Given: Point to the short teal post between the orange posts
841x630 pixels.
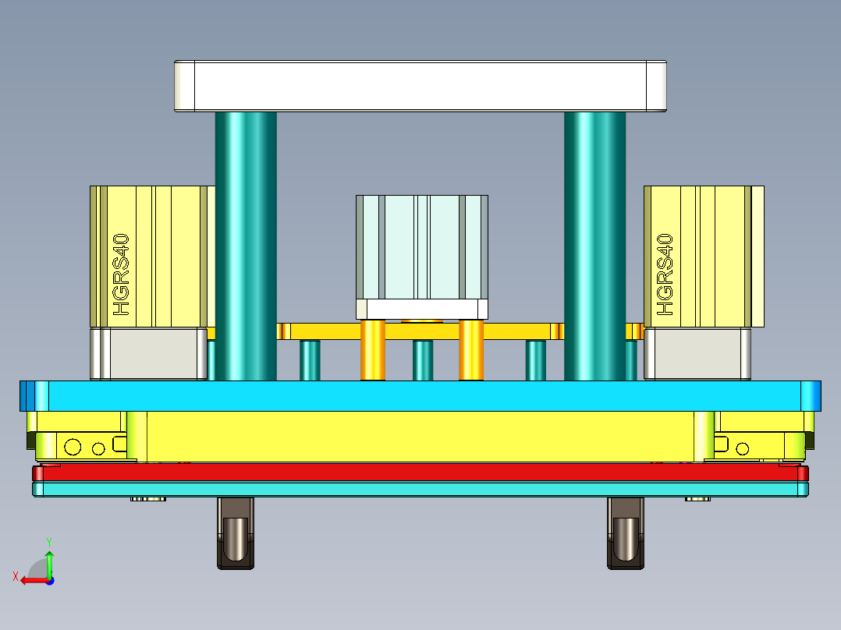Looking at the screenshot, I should coord(423,360).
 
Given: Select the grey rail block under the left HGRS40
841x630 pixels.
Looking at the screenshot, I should coord(148,354).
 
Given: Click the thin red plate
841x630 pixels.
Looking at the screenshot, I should coord(421,472).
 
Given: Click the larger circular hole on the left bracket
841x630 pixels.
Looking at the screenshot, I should coord(73,447).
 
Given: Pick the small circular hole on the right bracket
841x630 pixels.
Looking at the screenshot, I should coord(743,448).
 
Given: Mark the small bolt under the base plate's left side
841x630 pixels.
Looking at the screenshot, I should coord(147,499).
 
